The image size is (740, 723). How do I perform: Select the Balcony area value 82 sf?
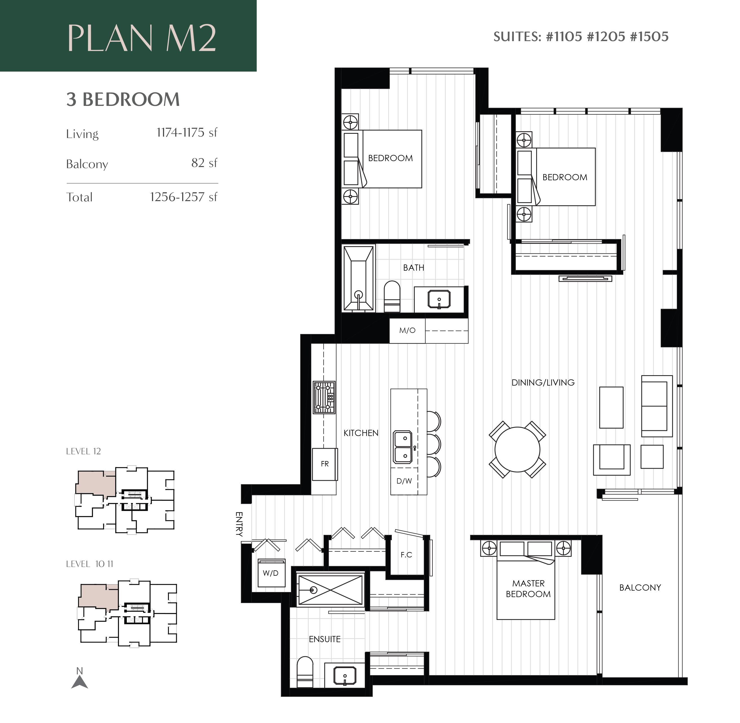pos(204,163)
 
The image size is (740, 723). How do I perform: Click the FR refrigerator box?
pos(324,464)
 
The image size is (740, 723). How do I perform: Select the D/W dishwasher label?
pos(404,481)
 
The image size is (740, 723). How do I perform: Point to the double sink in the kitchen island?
pos(402,447)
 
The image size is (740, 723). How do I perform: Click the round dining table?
pos(517,450)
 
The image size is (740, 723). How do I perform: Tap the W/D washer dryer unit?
pos(271,573)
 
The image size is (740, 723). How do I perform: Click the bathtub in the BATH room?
pos(358,278)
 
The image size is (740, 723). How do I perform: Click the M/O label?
pos(407,330)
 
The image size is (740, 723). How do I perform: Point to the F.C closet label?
pos(406,555)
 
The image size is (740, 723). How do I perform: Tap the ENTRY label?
pos(239,524)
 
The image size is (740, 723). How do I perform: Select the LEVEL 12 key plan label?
pos(83,451)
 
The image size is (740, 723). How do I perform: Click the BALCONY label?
pos(640,588)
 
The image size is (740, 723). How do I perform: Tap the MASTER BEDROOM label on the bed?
pos(528,589)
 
